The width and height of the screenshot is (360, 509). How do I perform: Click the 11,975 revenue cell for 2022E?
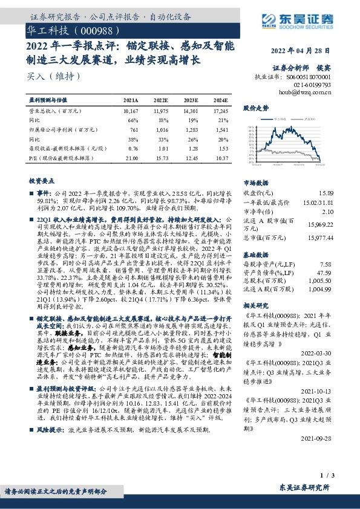pos(160,111)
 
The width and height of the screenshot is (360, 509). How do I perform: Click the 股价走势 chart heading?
pos(255,108)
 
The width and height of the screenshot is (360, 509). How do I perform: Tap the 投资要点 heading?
pos(41,180)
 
